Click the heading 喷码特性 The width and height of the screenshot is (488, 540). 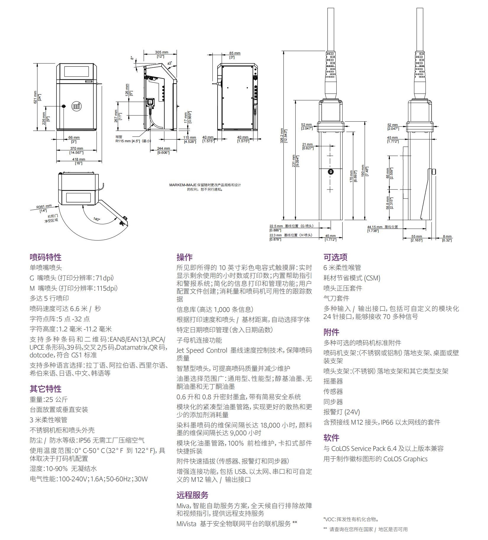click(46, 257)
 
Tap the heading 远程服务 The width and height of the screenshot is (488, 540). click(192, 495)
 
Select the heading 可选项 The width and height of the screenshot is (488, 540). click(335, 257)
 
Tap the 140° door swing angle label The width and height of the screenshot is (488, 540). click(97, 219)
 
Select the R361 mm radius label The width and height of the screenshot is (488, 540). click(44, 207)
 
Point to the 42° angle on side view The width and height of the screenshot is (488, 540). click(170, 63)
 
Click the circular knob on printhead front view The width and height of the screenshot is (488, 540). click(330, 171)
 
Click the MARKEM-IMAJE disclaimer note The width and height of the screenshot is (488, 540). click(205, 187)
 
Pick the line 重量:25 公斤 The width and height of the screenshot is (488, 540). click(48, 399)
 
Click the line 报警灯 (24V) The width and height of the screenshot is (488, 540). click(341, 412)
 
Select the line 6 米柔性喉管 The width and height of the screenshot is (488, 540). click(342, 268)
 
